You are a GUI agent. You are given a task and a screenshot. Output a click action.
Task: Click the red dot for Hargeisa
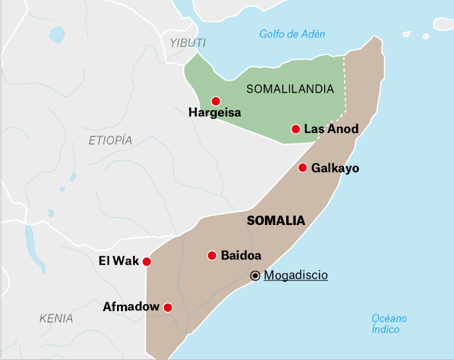pyautogui.click(x=215, y=101)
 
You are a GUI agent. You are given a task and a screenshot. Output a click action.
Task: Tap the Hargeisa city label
pyautogui.click(x=215, y=113)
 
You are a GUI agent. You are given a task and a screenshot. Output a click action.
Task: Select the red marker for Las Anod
pyautogui.click(x=295, y=129)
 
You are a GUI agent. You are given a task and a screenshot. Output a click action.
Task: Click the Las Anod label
pyautogui.click(x=331, y=129)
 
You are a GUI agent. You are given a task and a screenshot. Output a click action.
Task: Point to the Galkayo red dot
pyautogui.click(x=302, y=168)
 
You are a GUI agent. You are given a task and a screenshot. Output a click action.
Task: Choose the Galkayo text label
pyautogui.click(x=335, y=168)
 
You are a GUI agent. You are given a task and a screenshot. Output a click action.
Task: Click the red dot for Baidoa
pyautogui.click(x=212, y=255)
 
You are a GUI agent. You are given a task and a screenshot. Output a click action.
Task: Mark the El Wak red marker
pyautogui.click(x=147, y=262)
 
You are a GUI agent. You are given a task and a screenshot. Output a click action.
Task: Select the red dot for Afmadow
pyautogui.click(x=168, y=307)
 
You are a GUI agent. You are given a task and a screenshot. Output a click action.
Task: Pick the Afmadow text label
pyautogui.click(x=131, y=307)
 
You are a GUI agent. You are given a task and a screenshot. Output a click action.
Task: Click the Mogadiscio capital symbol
pyautogui.click(x=255, y=276)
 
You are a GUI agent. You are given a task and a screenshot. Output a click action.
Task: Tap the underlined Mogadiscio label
pyautogui.click(x=296, y=275)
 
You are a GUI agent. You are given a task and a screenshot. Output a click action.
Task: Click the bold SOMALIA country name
pyautogui.click(x=276, y=221)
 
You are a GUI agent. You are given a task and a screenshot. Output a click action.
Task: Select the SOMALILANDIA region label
pyautogui.click(x=289, y=89)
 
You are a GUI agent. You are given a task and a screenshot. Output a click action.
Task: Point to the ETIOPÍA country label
pyautogui.click(x=110, y=141)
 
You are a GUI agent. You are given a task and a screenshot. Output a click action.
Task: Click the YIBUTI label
pyautogui.click(x=188, y=42)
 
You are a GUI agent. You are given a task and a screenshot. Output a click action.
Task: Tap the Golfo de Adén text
pyautogui.click(x=292, y=34)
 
